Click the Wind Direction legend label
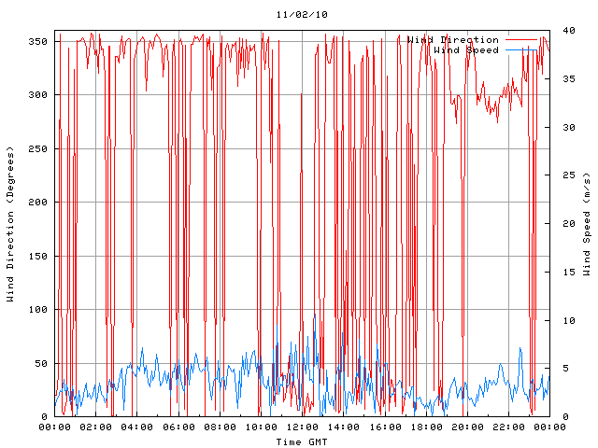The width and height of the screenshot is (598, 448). (453, 39)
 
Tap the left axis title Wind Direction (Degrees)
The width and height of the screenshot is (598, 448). (11, 224)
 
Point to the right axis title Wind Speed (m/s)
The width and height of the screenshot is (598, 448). (587, 224)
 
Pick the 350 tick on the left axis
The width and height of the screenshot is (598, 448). (37, 42)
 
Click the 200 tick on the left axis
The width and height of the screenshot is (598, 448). (37, 203)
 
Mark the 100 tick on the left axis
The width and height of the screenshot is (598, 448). (37, 310)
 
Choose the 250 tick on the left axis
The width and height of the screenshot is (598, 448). (37, 149)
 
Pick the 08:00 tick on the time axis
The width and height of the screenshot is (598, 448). (220, 427)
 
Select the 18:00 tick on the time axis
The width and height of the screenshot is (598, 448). (426, 427)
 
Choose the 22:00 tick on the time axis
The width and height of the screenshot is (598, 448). (508, 427)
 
